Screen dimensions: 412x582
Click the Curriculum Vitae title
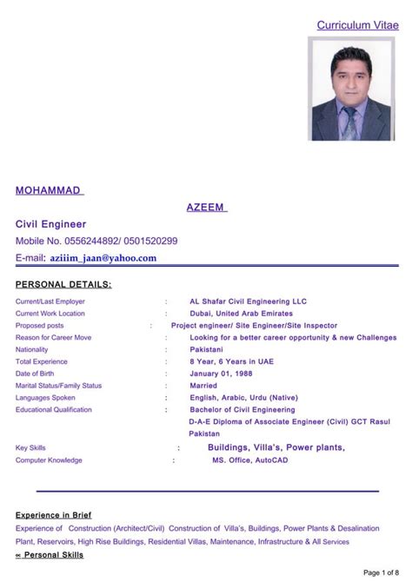(357, 26)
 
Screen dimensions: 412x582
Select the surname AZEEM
(206, 207)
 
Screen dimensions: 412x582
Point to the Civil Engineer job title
(51, 224)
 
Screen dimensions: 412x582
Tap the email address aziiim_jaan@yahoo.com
(103, 258)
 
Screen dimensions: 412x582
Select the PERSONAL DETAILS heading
(64, 284)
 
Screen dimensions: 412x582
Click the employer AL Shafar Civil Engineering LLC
(248, 301)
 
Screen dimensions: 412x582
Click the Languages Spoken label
(45, 398)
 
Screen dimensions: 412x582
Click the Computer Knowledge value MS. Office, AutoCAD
(249, 460)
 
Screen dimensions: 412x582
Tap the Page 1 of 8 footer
(380, 572)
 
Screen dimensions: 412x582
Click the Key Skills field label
(30, 448)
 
